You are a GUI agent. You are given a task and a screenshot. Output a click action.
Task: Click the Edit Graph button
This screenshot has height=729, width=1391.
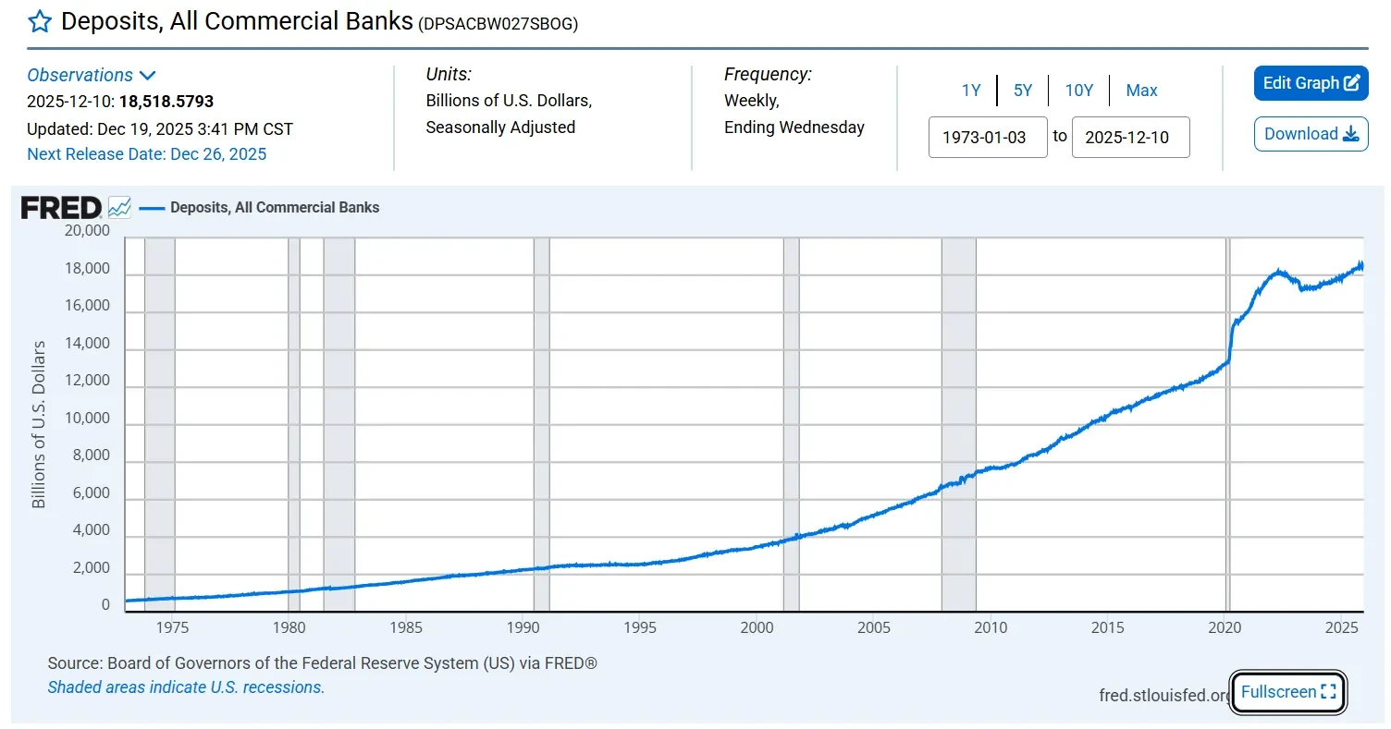point(1311,83)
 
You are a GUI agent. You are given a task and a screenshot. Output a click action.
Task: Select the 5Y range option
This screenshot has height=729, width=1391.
point(1022,91)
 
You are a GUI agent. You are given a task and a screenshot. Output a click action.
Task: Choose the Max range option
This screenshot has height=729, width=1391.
point(1141,91)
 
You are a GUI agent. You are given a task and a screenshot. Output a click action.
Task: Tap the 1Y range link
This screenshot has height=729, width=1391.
point(970,91)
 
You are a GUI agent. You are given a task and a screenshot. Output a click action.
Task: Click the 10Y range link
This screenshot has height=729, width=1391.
point(1078,91)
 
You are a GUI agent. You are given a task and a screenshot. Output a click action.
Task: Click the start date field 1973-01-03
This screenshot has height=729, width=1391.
point(987,138)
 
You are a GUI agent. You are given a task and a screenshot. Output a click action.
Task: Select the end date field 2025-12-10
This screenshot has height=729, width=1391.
point(1130,138)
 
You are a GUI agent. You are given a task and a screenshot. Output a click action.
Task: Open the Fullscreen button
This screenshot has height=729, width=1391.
point(1288,692)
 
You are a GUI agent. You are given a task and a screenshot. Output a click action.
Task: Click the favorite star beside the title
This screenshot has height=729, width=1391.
point(40,21)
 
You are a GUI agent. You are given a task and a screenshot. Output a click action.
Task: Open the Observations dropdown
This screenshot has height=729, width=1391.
point(91,76)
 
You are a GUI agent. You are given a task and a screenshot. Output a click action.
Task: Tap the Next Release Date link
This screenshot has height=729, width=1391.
point(146,154)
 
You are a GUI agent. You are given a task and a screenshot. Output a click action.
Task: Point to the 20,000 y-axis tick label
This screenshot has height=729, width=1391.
point(87,231)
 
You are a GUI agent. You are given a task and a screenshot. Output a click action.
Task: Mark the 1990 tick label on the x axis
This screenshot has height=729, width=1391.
point(523,628)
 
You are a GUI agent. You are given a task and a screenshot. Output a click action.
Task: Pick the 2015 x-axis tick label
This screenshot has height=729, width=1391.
point(1108,628)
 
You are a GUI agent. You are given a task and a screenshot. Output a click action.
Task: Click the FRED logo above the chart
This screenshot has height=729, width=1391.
point(60,208)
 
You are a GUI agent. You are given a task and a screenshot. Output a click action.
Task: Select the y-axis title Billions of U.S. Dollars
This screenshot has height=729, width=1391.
point(39,424)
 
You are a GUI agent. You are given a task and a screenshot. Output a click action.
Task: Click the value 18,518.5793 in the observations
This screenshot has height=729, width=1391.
point(166,102)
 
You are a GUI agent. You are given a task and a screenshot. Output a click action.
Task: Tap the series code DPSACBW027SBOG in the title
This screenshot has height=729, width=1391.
point(498,25)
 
